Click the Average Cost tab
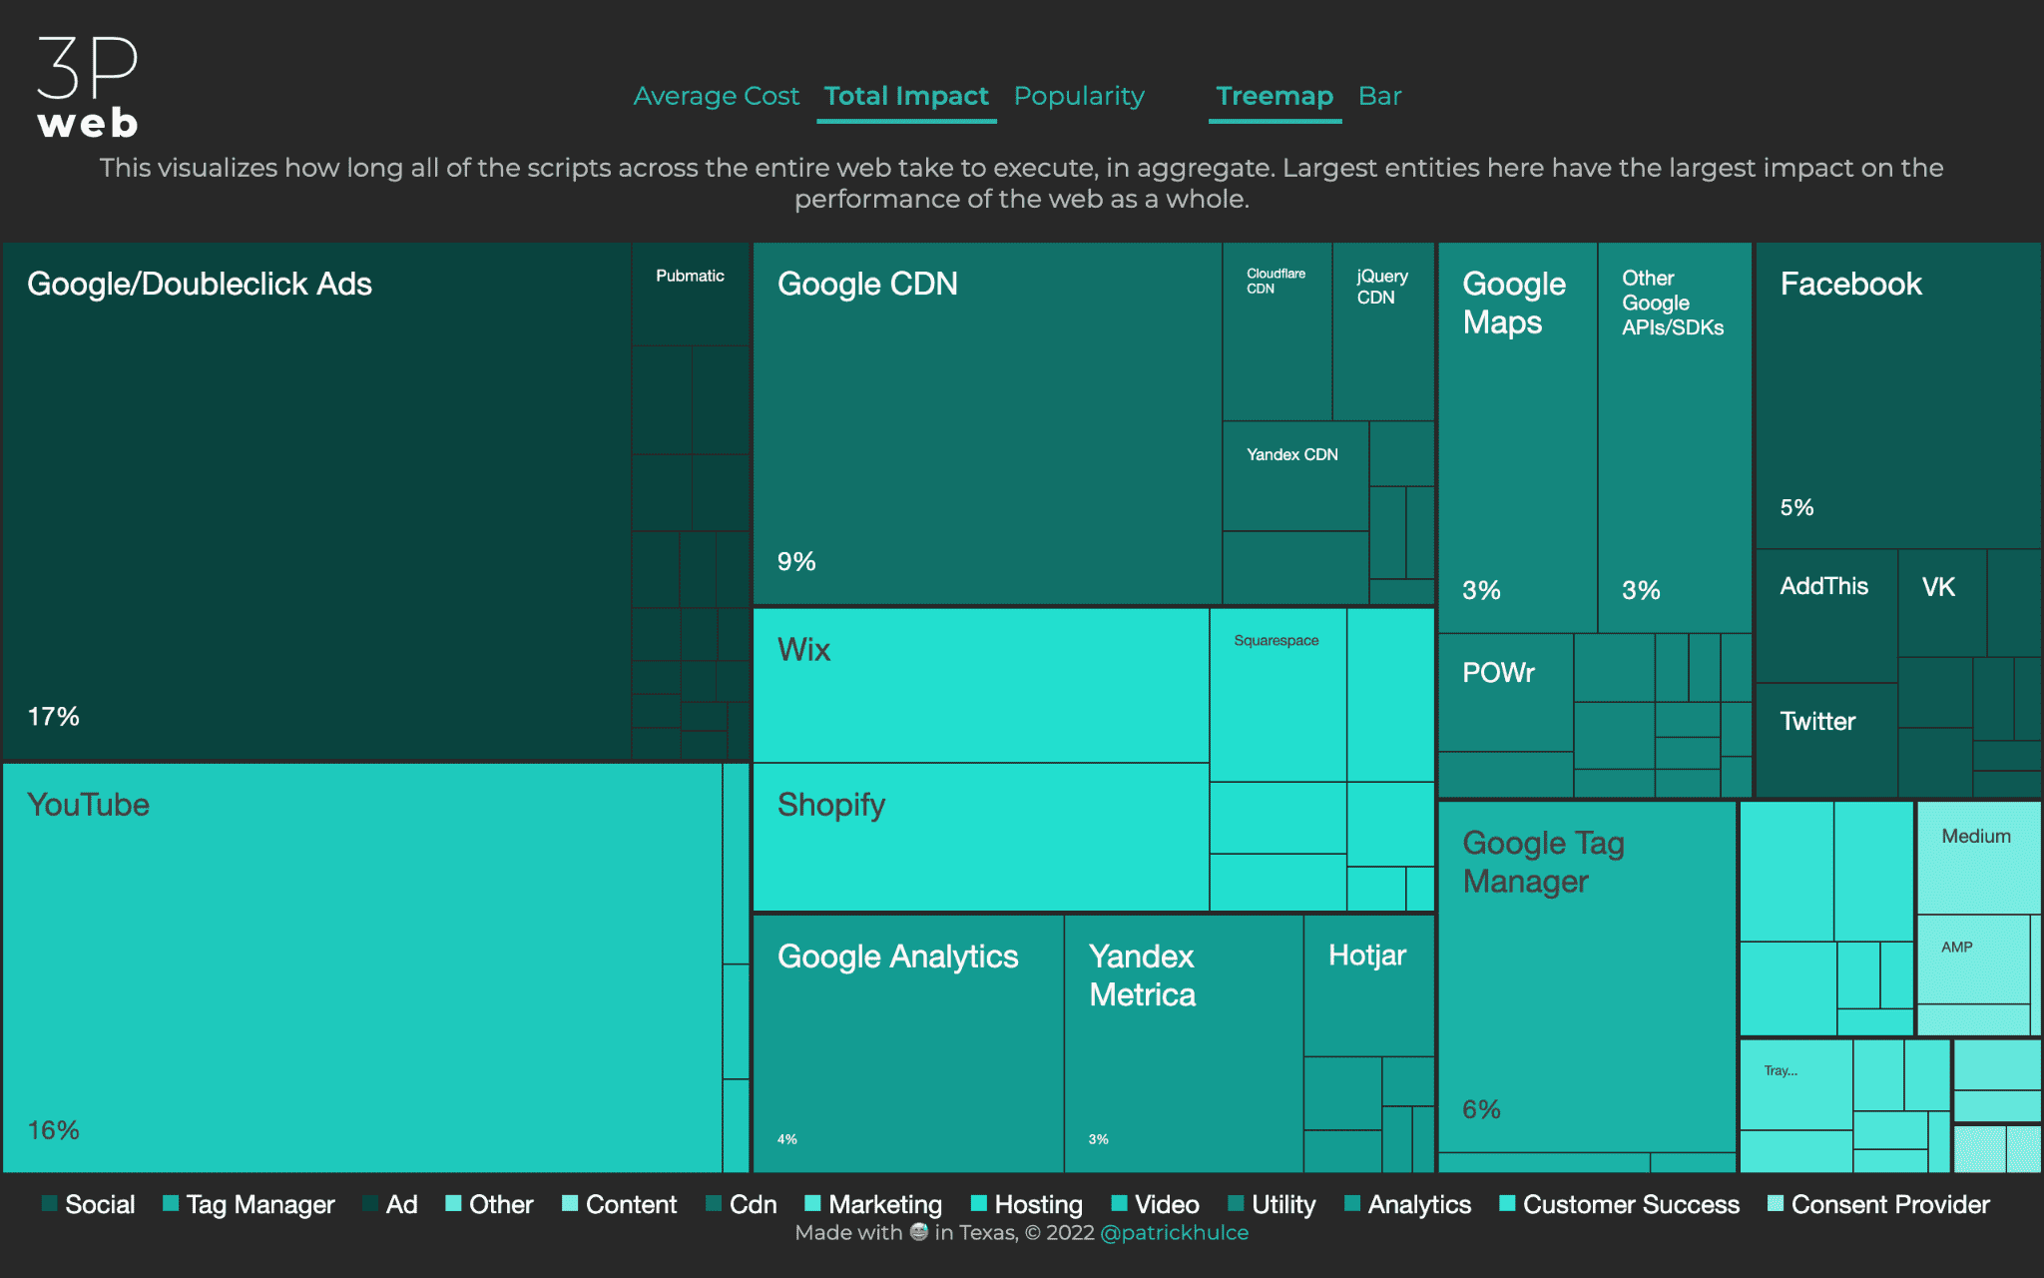[716, 96]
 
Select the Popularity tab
[1079, 96]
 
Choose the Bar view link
[1379, 96]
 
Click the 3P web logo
[88, 88]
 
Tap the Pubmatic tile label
[690, 277]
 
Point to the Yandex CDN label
[1291, 455]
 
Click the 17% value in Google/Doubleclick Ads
[53, 717]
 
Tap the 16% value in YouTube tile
[53, 1130]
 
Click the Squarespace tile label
[1276, 641]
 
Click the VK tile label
[1938, 588]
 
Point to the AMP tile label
[1957, 948]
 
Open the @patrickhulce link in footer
[1174, 1233]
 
